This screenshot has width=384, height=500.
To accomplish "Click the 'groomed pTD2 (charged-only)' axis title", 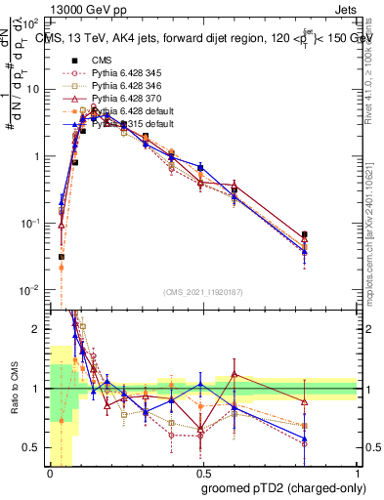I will [x=279, y=487].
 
